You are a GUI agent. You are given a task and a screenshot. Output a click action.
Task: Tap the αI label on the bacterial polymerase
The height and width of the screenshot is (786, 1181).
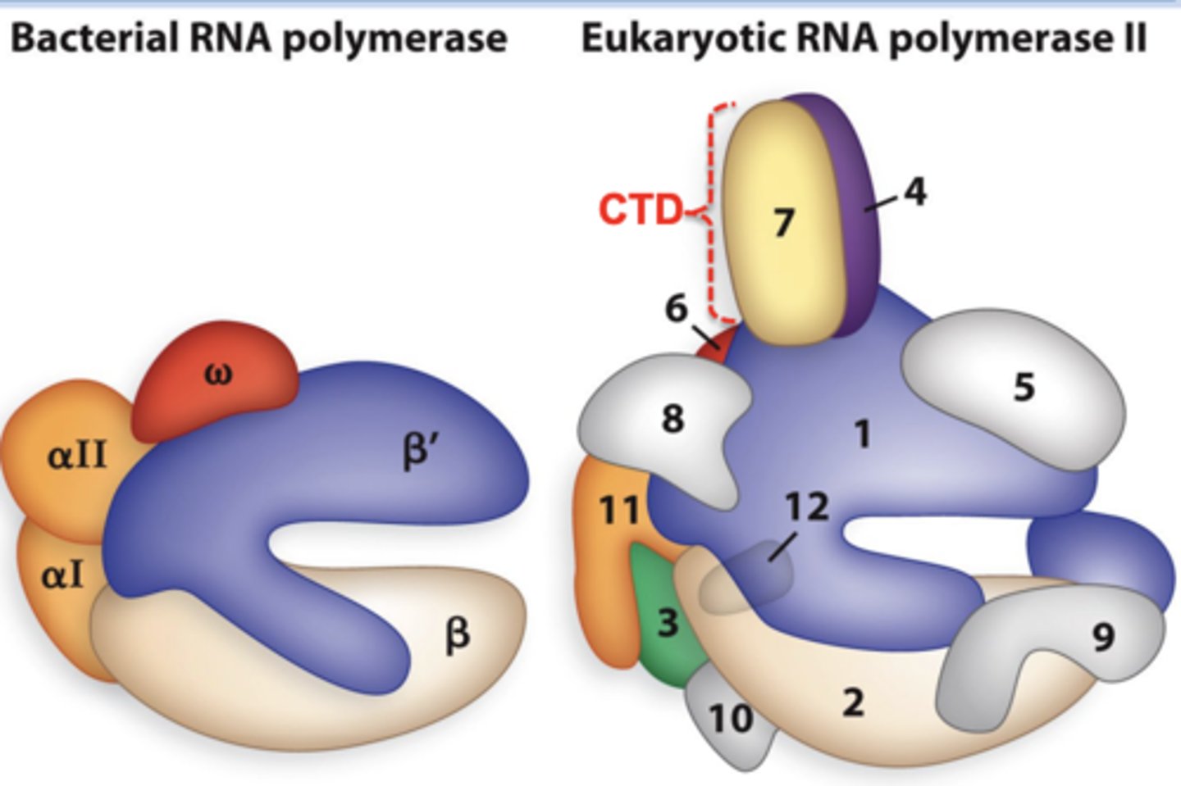[62, 576]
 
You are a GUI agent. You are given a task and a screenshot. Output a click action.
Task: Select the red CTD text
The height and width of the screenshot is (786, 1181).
[639, 210]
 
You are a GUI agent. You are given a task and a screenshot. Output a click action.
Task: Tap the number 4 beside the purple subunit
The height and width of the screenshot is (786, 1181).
[914, 192]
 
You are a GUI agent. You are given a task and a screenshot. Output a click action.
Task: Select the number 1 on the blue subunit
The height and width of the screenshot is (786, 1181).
[862, 433]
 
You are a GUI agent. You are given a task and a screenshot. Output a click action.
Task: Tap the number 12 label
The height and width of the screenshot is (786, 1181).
[807, 507]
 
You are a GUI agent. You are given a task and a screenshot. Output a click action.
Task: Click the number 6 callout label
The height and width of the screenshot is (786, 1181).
[676, 309]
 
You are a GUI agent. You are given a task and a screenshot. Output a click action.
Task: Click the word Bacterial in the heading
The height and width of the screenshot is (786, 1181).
[95, 38]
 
